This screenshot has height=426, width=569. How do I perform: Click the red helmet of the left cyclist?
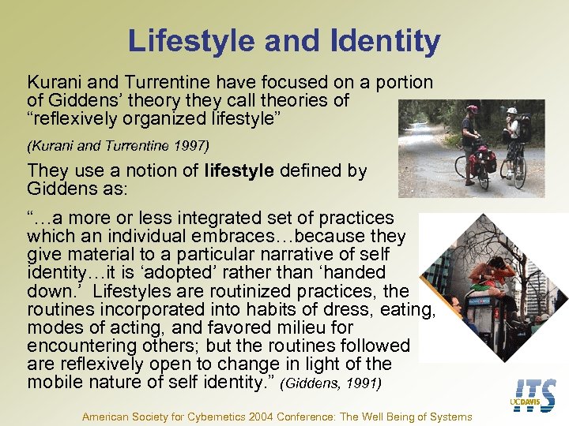click(473, 110)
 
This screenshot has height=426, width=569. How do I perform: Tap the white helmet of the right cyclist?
click(512, 111)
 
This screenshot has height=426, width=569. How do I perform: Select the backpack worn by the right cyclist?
click(525, 129)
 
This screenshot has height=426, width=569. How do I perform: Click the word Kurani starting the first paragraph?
click(54, 82)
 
